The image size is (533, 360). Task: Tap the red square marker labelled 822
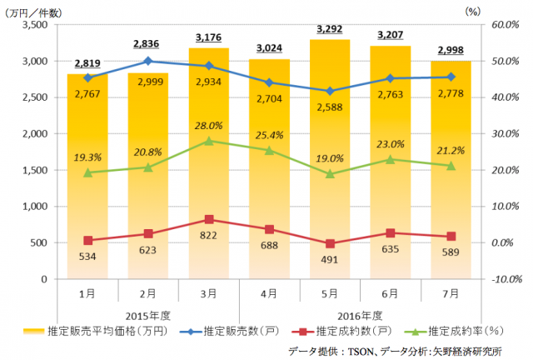click(209, 220)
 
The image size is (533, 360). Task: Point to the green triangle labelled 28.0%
click(209, 141)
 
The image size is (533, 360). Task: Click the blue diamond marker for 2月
click(148, 61)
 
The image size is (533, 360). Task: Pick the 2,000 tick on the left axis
click(33, 134)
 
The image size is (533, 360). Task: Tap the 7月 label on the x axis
click(451, 293)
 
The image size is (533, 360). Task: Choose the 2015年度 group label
click(148, 314)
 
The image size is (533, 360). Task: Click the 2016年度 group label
click(361, 314)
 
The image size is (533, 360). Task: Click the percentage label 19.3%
click(88, 156)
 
